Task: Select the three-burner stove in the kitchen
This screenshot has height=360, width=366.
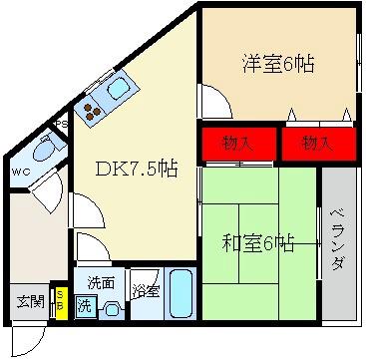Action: pyautogui.click(x=92, y=110)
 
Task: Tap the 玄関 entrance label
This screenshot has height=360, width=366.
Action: pyautogui.click(x=30, y=301)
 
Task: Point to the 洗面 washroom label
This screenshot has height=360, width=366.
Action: pyautogui.click(x=100, y=282)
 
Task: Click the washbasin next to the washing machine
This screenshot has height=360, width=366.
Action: pyautogui.click(x=112, y=307)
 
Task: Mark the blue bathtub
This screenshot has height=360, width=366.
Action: pyautogui.click(x=181, y=295)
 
